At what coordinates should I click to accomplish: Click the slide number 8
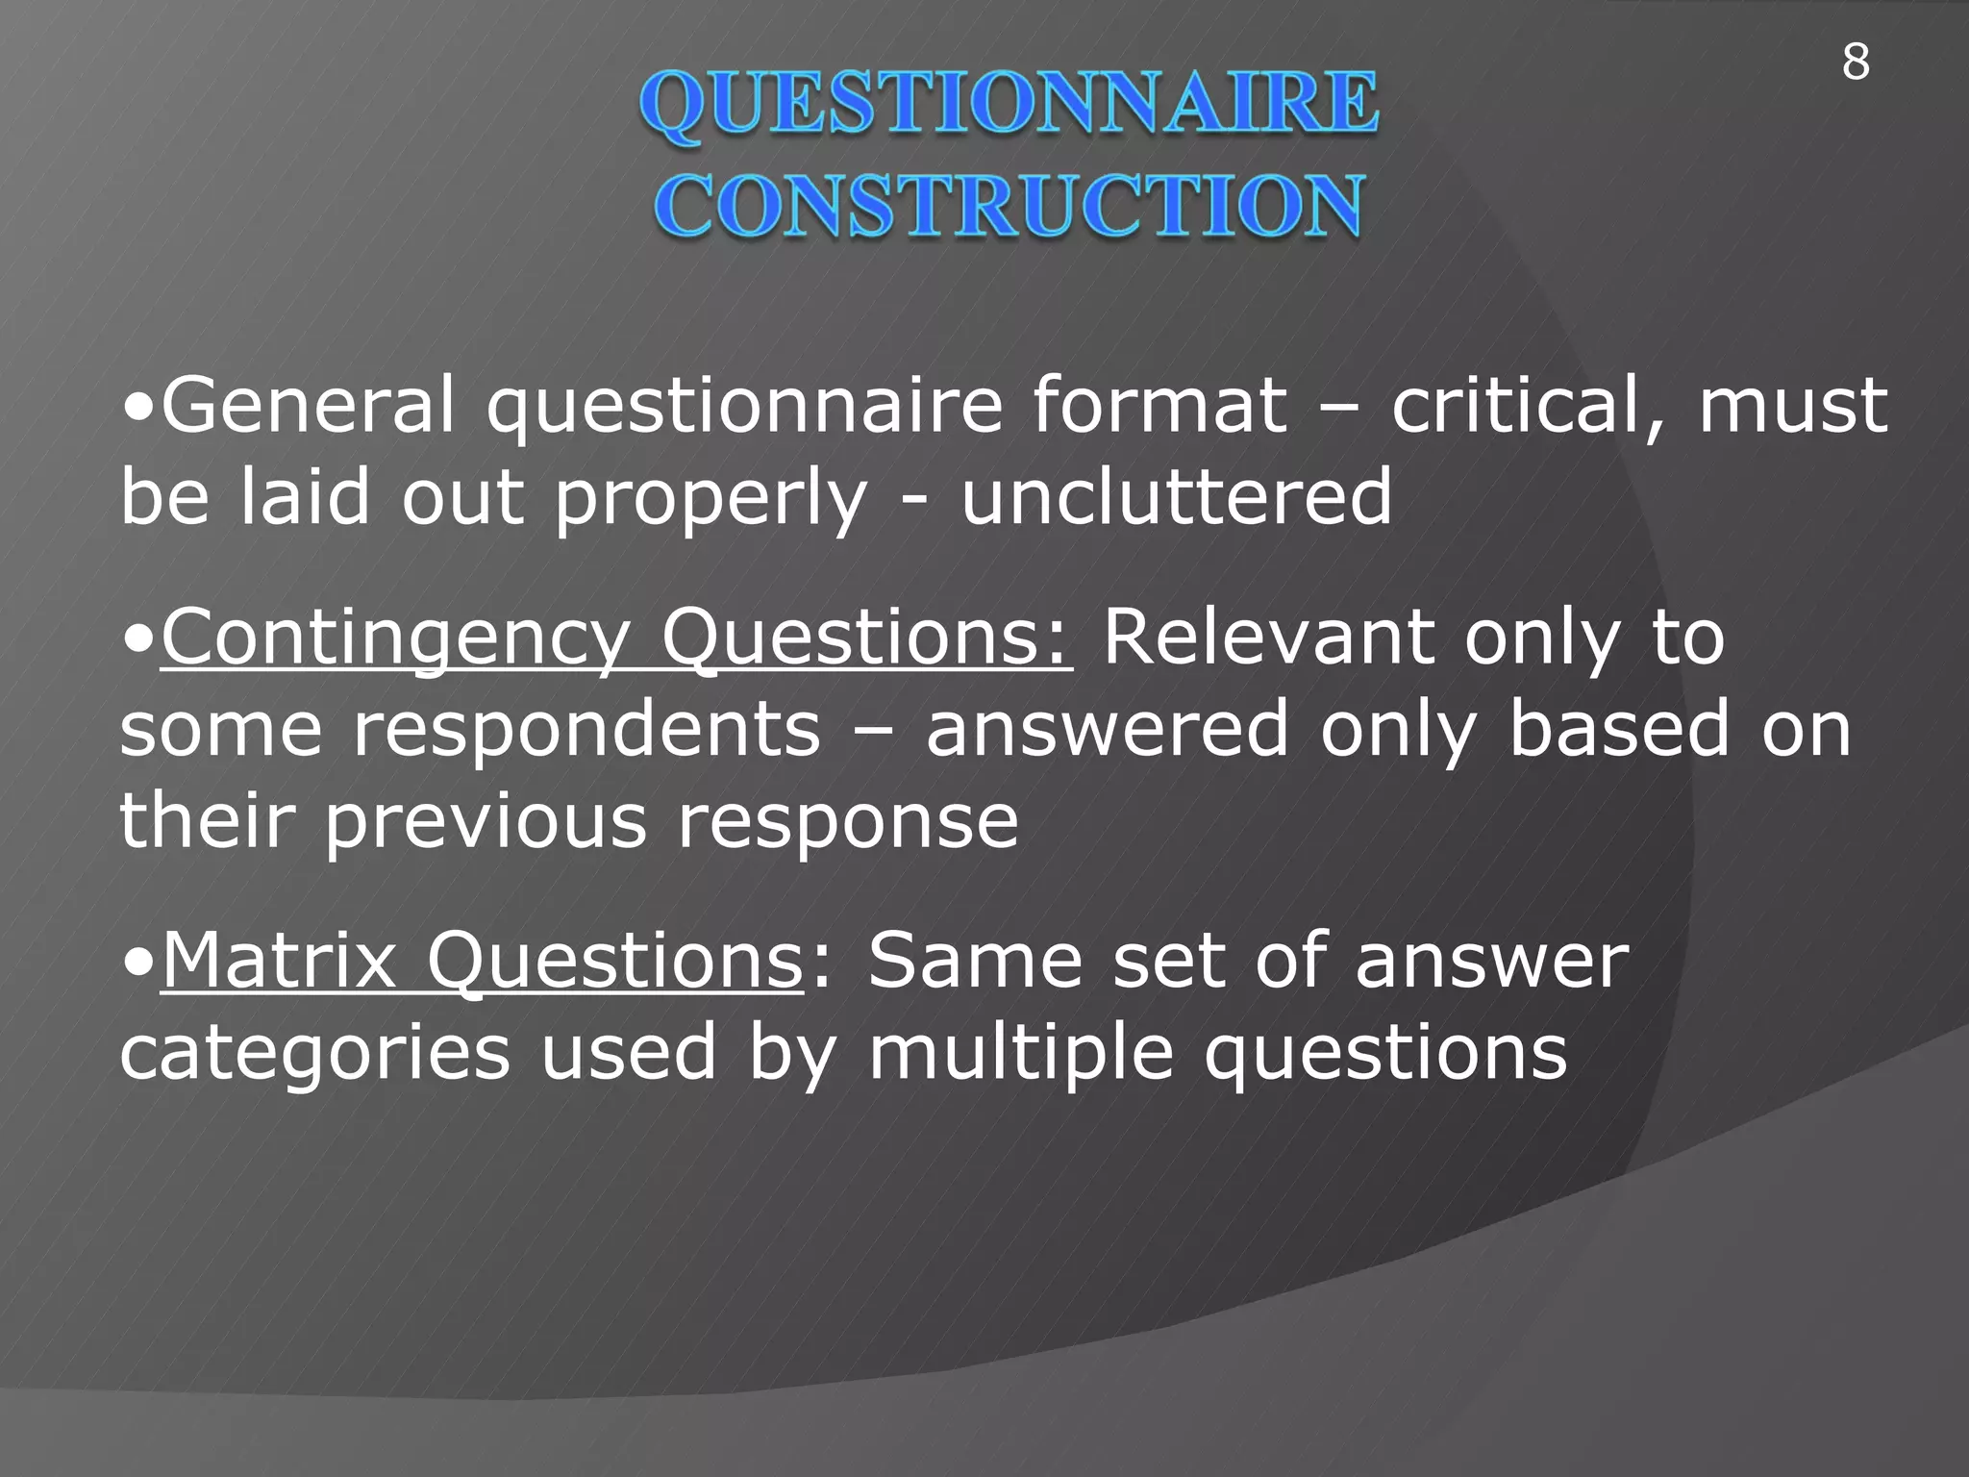click(1856, 63)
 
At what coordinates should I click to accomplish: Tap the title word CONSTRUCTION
click(1009, 207)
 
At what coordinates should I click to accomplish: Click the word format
click(1159, 406)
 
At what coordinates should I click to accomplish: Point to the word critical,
click(1529, 406)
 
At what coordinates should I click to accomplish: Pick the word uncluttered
click(1176, 497)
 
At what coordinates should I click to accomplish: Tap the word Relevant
click(1267, 637)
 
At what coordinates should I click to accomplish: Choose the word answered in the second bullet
click(1107, 729)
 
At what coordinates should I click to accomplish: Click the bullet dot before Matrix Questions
click(138, 962)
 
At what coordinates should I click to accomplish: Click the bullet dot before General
click(138, 408)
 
